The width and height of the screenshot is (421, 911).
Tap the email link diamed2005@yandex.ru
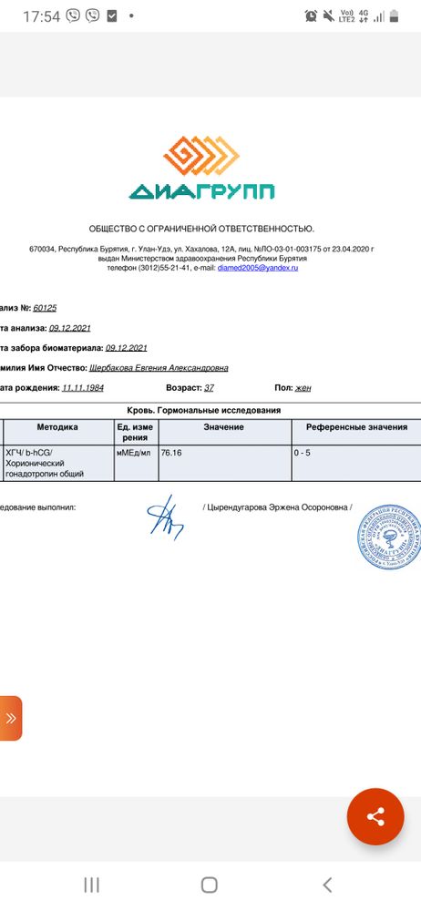point(258,269)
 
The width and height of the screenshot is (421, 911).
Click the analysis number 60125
point(45,308)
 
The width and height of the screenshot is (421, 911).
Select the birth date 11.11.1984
point(83,387)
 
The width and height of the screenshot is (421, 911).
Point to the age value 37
point(209,387)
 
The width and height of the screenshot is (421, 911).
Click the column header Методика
point(57,427)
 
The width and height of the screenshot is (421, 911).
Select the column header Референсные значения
point(356,427)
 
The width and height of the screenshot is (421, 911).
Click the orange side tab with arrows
point(10,718)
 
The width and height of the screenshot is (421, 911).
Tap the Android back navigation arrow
point(327,884)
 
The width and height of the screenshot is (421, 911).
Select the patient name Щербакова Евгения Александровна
point(159,368)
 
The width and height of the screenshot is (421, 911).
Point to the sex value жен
point(303,387)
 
